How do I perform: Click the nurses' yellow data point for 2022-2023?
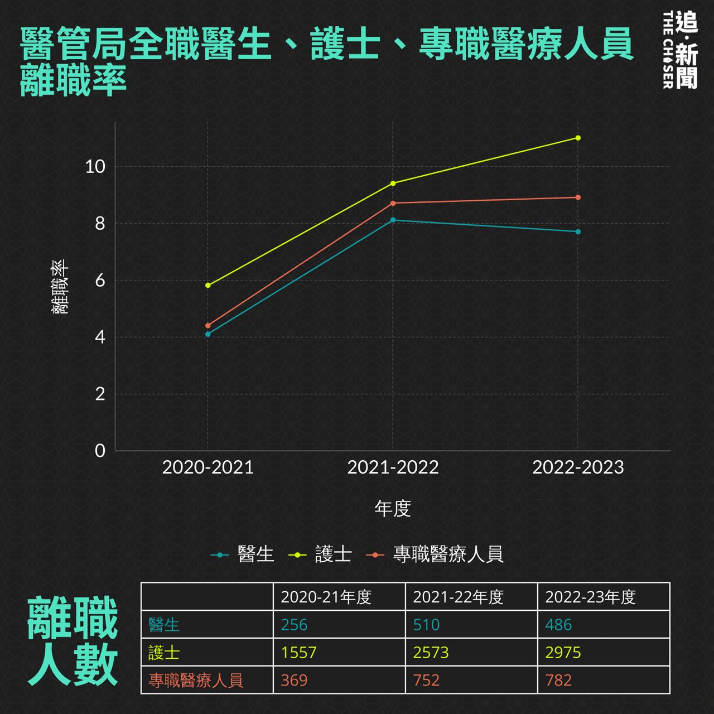pos(578,138)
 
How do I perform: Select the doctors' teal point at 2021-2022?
pos(393,220)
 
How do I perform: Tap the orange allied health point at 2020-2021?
pos(208,325)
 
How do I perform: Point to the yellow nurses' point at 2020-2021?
pos(208,285)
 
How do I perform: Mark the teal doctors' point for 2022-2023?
pos(578,231)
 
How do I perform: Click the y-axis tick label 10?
pos(95,166)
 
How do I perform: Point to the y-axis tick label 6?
pos(100,281)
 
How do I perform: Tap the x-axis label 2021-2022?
pos(393,467)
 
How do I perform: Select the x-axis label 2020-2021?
pos(208,467)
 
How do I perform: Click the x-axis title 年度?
pos(393,509)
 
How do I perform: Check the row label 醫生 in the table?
pos(164,625)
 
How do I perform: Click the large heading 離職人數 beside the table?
pos(73,641)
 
